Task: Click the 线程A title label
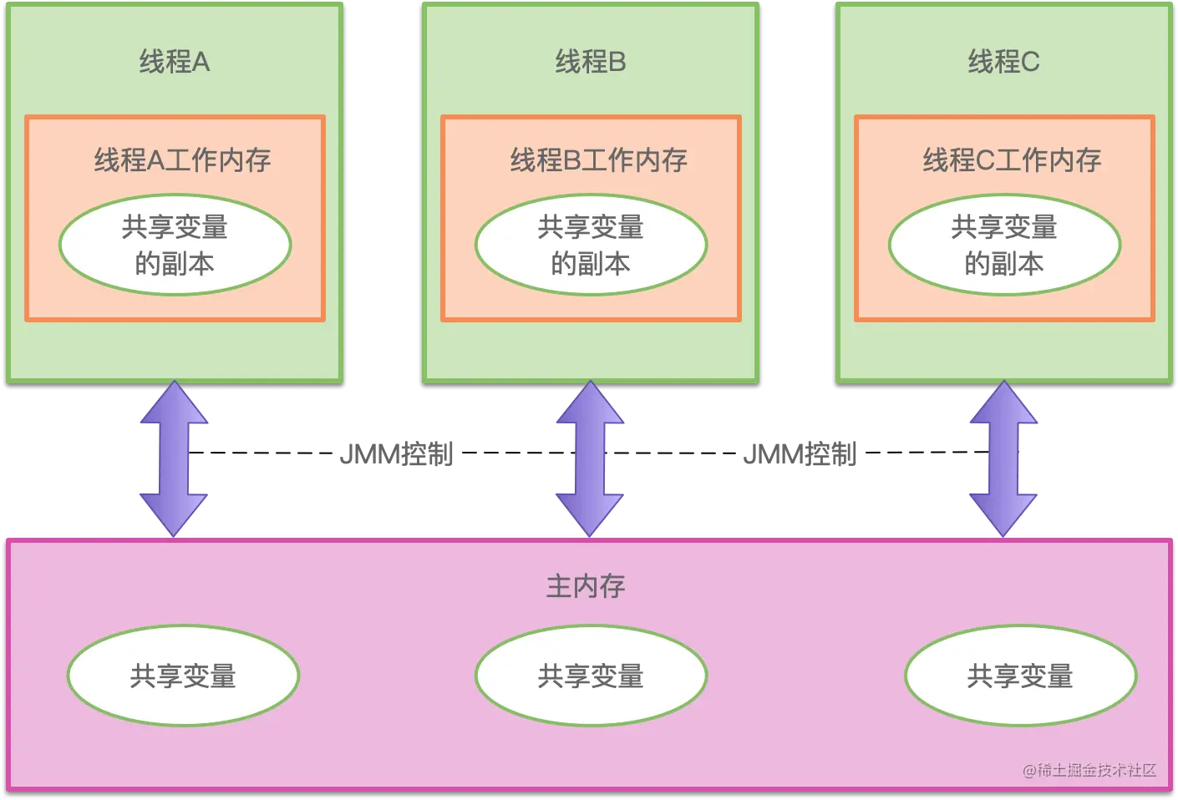(x=174, y=62)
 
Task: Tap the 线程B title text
(x=590, y=62)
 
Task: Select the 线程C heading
(x=1003, y=62)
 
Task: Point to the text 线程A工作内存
(x=182, y=159)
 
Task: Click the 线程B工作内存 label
(x=598, y=159)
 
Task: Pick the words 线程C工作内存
(x=1012, y=159)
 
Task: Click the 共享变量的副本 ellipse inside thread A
(x=175, y=245)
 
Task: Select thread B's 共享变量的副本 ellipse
(x=591, y=245)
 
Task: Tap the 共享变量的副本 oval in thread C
(x=1004, y=245)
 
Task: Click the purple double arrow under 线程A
(x=174, y=458)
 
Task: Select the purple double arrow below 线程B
(x=590, y=458)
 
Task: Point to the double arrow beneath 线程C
(x=1003, y=458)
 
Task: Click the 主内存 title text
(x=586, y=586)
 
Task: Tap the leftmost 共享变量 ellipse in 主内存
(x=183, y=676)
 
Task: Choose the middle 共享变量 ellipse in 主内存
(x=591, y=676)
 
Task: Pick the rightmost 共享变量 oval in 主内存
(x=1020, y=676)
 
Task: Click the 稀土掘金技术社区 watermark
(x=1089, y=770)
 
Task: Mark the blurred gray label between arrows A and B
(x=396, y=454)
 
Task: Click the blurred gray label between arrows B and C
(x=802, y=454)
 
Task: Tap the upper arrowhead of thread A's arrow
(x=174, y=403)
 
